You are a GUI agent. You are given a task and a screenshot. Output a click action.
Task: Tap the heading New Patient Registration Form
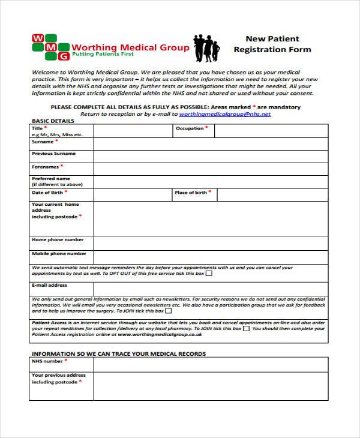pyautogui.click(x=272, y=44)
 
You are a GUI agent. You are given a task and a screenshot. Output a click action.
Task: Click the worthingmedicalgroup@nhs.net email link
pyautogui.click(x=225, y=113)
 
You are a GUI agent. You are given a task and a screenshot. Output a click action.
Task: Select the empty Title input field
pyautogui.click(x=133, y=131)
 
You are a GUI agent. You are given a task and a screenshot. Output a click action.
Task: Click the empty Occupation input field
pyautogui.click(x=271, y=131)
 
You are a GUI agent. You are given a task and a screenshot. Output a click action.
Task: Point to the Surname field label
pyautogui.click(x=43, y=142)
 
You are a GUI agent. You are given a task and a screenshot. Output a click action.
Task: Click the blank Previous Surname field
pyautogui.click(x=211, y=155)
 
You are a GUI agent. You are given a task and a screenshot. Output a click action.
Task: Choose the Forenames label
pyautogui.click(x=45, y=166)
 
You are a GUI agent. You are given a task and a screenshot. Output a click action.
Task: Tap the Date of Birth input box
pyautogui.click(x=133, y=194)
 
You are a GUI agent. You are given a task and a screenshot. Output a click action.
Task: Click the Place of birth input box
pyautogui.click(x=272, y=194)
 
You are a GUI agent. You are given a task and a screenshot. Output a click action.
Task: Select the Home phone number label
pyautogui.click(x=58, y=239)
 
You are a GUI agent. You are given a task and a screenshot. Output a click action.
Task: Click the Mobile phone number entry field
pyautogui.click(x=211, y=256)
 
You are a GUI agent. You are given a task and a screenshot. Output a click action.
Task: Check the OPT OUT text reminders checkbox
pyautogui.click(x=209, y=274)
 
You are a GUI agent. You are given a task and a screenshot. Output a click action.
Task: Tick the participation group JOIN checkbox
pyautogui.click(x=169, y=311)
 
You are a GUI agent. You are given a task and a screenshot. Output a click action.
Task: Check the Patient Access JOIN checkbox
pyautogui.click(x=246, y=329)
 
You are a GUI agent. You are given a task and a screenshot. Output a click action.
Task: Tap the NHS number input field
pyautogui.click(x=211, y=364)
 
